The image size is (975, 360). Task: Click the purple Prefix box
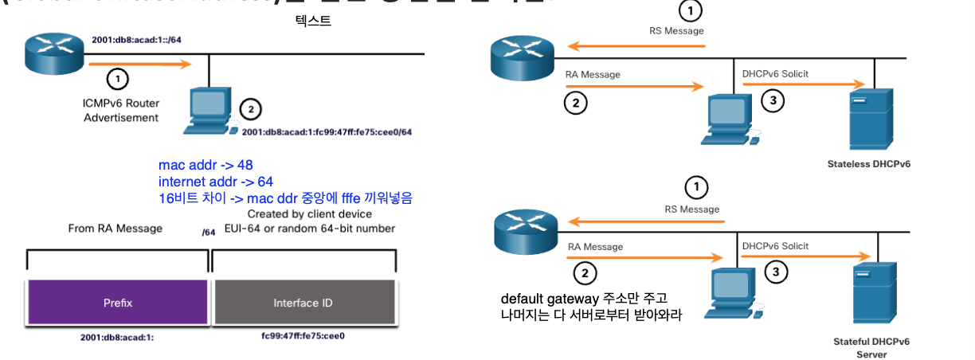coord(118,303)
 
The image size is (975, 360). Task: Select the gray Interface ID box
coord(303,303)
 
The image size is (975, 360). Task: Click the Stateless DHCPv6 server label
coord(869,165)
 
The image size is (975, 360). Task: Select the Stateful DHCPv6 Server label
coord(871,346)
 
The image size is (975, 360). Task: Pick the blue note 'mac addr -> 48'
coord(206,166)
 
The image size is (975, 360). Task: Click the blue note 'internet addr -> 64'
coord(215,182)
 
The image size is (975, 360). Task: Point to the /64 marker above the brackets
coord(209,233)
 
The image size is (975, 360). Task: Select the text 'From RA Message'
coord(116,229)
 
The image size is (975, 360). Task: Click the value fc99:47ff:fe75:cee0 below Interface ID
coord(303,336)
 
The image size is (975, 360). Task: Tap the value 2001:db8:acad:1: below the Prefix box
coord(118,337)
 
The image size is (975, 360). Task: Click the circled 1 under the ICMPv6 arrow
coord(117,79)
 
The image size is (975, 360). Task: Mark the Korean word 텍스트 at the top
coord(313,22)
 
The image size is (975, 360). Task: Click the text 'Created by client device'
coord(310,214)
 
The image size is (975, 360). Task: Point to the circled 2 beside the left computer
coord(250,109)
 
